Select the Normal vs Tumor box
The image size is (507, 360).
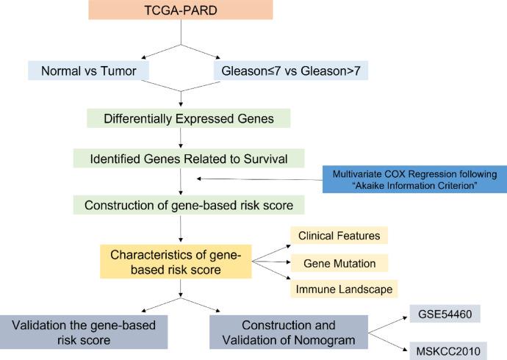point(88,71)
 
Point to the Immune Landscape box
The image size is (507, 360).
point(343,289)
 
